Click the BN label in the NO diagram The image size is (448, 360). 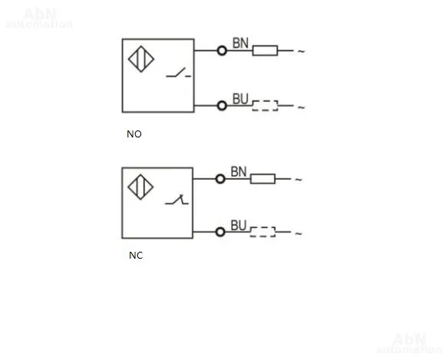tap(240, 43)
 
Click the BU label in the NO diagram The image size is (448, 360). tap(240, 99)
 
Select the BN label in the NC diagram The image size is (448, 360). tap(239, 172)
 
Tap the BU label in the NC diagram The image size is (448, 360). tap(239, 226)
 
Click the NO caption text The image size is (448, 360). tap(134, 134)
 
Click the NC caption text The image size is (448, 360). tap(136, 255)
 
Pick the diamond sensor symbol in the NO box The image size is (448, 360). tap(141, 59)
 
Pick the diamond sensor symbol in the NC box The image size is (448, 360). tap(140, 187)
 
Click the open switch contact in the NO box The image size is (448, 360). tap(178, 73)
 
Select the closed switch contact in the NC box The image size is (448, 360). tap(177, 200)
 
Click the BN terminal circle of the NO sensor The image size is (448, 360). tap(222, 51)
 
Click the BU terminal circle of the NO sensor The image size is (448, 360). tap(222, 105)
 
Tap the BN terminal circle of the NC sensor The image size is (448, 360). tap(220, 179)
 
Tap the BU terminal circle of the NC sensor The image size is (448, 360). tap(220, 232)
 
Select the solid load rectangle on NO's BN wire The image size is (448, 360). tap(265, 51)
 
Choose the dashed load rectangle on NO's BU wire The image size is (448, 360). tap(265, 105)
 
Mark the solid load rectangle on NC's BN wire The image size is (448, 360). tap(263, 179)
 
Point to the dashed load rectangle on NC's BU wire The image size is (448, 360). tap(263, 232)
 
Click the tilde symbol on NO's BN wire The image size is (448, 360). tap(301, 51)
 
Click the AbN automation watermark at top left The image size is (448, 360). tap(39, 18)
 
